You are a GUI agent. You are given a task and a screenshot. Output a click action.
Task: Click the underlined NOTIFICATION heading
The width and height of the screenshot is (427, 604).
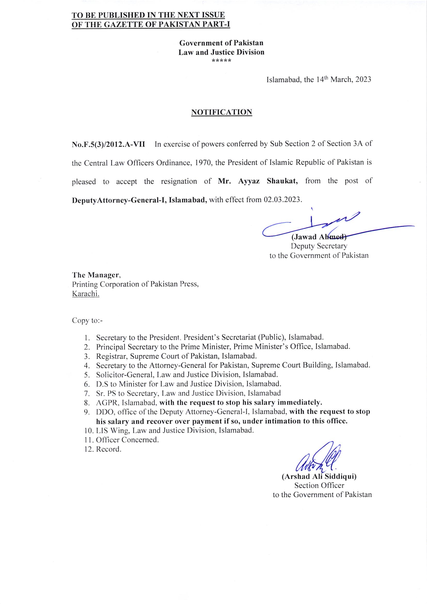[222, 112]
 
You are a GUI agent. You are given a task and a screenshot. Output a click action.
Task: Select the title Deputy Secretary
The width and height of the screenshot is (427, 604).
[319, 246]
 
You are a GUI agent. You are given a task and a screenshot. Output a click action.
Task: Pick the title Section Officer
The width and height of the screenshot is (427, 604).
[319, 485]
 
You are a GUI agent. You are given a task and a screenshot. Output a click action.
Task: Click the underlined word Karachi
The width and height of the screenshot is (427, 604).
[85, 294]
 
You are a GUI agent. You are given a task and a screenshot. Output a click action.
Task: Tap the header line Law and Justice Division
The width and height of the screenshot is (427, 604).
[222, 52]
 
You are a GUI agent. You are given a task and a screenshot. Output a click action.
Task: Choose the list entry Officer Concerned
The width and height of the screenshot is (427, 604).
[127, 439]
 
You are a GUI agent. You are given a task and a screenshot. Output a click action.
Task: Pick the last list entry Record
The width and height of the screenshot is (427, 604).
[108, 449]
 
